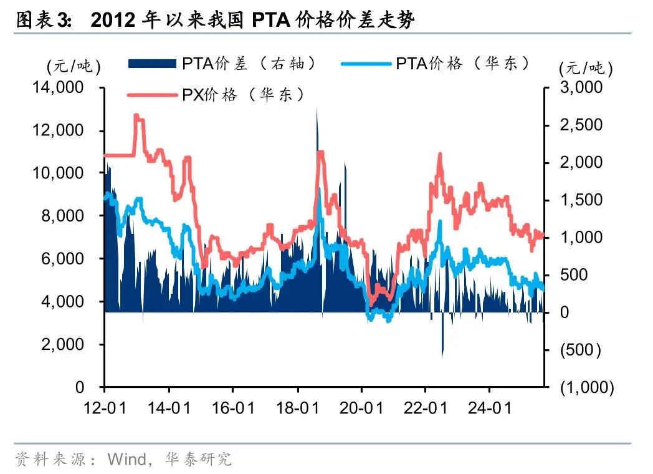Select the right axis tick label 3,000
pyautogui.click(x=581, y=88)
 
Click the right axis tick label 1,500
pyautogui.click(x=581, y=200)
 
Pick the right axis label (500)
pyautogui.click(x=580, y=350)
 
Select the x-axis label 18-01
pyautogui.click(x=297, y=409)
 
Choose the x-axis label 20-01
pyautogui.click(x=361, y=409)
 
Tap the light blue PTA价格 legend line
pyautogui.click(x=366, y=64)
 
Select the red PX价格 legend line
pyautogui.click(x=152, y=95)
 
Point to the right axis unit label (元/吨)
pyautogui.click(x=585, y=68)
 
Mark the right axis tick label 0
pyautogui.click(x=565, y=312)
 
